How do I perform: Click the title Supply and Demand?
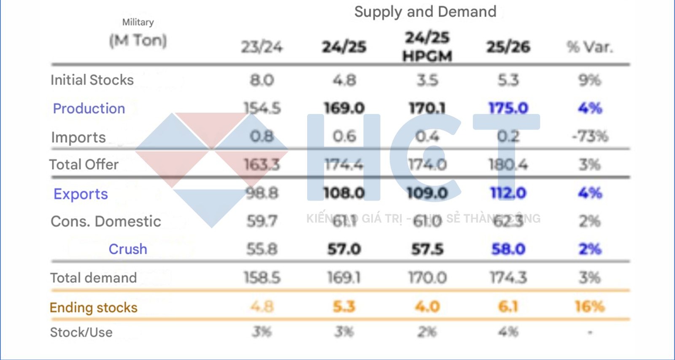tap(425, 12)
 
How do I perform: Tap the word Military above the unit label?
tap(138, 22)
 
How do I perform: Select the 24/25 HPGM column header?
tap(427, 46)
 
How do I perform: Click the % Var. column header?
tap(589, 47)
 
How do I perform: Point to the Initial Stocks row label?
tap(92, 80)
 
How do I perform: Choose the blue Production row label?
tap(89, 108)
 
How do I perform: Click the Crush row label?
tap(128, 249)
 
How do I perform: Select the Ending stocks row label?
tap(93, 307)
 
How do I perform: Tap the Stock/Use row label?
tap(81, 332)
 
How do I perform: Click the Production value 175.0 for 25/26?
tap(508, 108)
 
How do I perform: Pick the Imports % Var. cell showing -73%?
tap(590, 136)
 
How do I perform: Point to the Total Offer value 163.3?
tap(262, 165)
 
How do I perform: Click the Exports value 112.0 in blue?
tap(508, 193)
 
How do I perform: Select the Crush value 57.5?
tap(427, 249)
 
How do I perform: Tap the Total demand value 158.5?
tap(262, 278)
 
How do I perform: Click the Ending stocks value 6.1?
tap(508, 306)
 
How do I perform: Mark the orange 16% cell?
tap(590, 306)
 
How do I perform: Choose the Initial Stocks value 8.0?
tap(262, 80)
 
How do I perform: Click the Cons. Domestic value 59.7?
tap(262, 221)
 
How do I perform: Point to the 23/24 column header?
tap(262, 47)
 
